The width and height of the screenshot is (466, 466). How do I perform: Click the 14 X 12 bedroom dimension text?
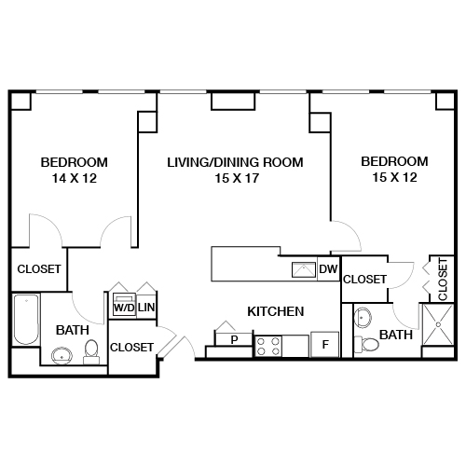pos(74,179)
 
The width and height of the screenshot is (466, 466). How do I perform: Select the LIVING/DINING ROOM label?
pos(235,162)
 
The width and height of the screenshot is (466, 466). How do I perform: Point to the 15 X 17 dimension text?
pos(235,179)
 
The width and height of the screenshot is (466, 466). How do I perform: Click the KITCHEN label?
pos(275,311)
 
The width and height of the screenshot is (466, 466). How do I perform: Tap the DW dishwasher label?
pos(328,270)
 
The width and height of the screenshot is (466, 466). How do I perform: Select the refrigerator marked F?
pos(324,344)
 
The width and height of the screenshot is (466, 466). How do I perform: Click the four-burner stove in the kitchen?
pos(268,346)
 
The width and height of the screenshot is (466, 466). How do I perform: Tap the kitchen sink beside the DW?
pos(304,270)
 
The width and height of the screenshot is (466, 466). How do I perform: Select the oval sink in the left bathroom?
pos(62,354)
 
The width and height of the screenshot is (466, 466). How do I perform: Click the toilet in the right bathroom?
pos(370,345)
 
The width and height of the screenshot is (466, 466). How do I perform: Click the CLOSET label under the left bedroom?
pos(39,269)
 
